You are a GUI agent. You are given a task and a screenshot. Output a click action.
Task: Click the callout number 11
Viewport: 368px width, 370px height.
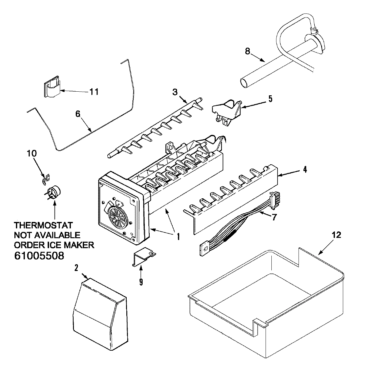pos(94,91)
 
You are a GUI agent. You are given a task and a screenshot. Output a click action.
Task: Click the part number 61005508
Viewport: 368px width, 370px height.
pos(39,256)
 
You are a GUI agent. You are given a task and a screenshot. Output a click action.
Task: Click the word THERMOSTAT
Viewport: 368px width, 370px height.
pos(44,226)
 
